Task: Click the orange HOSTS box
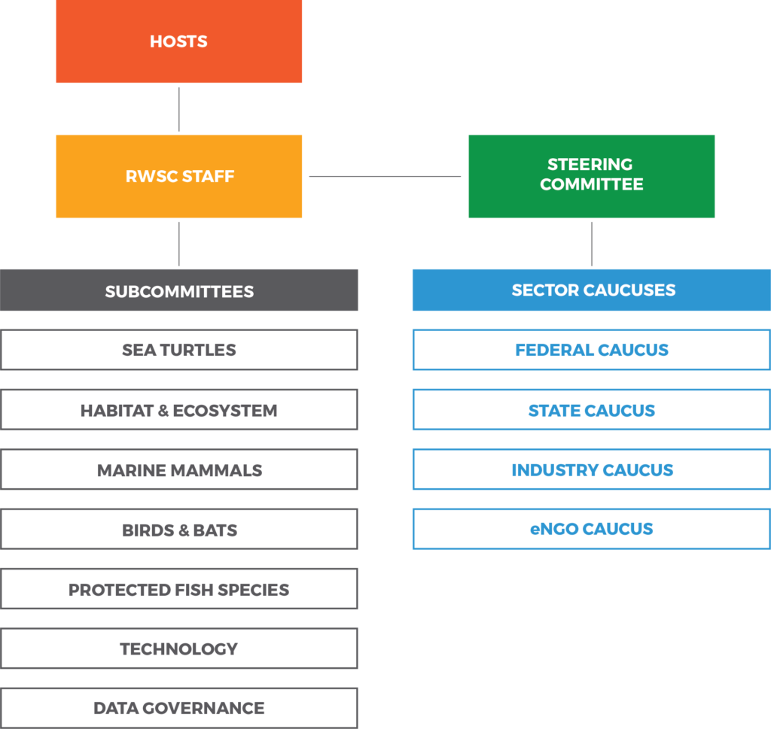pyautogui.click(x=179, y=41)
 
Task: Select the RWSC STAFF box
pyautogui.click(x=179, y=176)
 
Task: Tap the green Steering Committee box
pyautogui.click(x=592, y=176)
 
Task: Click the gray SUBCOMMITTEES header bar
pyautogui.click(x=179, y=290)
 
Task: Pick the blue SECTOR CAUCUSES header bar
pyautogui.click(x=592, y=290)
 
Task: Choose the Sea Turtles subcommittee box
pyautogui.click(x=179, y=350)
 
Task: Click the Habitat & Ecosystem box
pyautogui.click(x=179, y=410)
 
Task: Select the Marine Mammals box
pyautogui.click(x=179, y=469)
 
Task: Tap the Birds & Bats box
pyautogui.click(x=179, y=529)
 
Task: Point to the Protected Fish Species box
pyautogui.click(x=179, y=588)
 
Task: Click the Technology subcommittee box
pyautogui.click(x=179, y=649)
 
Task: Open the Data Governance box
pyautogui.click(x=179, y=708)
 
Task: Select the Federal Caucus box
pyautogui.click(x=592, y=350)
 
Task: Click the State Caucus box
pyautogui.click(x=592, y=410)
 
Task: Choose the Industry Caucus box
pyautogui.click(x=592, y=469)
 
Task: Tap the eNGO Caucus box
pyautogui.click(x=592, y=529)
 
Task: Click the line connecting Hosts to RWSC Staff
pyautogui.click(x=179, y=110)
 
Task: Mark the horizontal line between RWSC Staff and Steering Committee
pyautogui.click(x=385, y=176)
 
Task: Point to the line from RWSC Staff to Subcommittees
pyautogui.click(x=179, y=245)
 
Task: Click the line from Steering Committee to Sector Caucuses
pyautogui.click(x=592, y=245)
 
